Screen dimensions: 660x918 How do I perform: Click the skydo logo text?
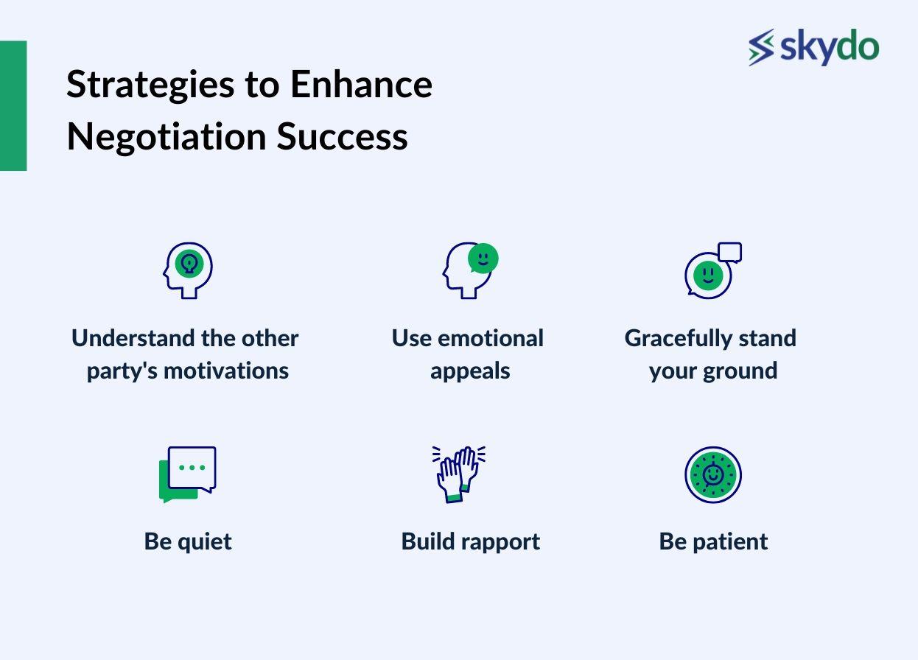pyautogui.click(x=828, y=48)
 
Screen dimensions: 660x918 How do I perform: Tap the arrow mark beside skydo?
pyautogui.click(x=761, y=48)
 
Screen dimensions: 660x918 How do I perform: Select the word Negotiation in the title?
pyautogui.click(x=165, y=136)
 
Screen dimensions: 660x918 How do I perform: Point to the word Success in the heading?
pyautogui.click(x=342, y=136)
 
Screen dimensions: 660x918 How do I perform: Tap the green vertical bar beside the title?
pyautogui.click(x=13, y=105)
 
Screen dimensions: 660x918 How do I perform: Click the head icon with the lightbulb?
pyautogui.click(x=188, y=270)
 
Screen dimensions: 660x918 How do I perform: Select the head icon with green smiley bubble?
pyautogui.click(x=470, y=270)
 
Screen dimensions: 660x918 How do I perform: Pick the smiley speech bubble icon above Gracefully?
pyautogui.click(x=712, y=270)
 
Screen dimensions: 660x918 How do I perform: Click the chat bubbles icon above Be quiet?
pyautogui.click(x=188, y=474)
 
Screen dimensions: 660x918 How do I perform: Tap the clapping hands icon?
pyautogui.click(x=458, y=474)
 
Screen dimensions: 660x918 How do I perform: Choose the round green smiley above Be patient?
pyautogui.click(x=712, y=475)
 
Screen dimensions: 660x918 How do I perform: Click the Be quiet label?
pyautogui.click(x=188, y=541)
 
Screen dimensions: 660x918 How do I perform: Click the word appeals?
pyautogui.click(x=470, y=371)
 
